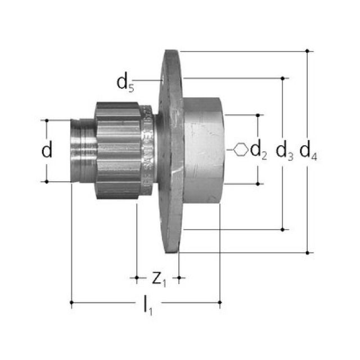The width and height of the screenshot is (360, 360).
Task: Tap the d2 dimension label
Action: [x=259, y=150]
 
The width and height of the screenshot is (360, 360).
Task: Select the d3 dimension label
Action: [x=285, y=151]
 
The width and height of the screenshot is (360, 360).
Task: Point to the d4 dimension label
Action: [x=308, y=151]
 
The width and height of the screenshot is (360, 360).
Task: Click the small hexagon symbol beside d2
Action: [x=240, y=150]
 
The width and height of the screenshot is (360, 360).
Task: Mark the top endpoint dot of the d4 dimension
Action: [x=307, y=51]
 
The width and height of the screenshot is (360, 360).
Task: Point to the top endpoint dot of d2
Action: [x=258, y=115]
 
